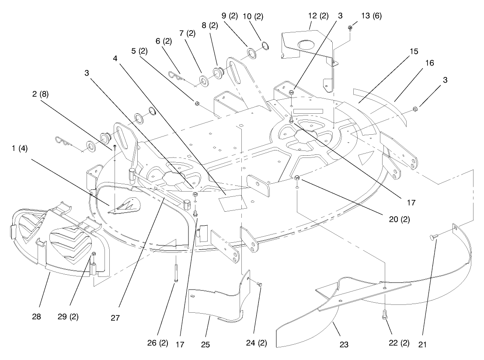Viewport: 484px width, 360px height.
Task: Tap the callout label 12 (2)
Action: click(x=318, y=16)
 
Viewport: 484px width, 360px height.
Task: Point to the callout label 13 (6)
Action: click(x=372, y=16)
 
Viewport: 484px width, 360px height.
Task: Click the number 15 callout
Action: click(x=414, y=51)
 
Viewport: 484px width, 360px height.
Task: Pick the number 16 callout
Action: click(x=429, y=63)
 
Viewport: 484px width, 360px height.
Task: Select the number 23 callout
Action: click(x=344, y=345)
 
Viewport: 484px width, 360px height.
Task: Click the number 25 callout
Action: click(x=205, y=345)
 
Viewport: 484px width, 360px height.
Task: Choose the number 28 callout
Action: click(x=36, y=316)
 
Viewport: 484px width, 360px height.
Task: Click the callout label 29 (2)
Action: click(x=68, y=316)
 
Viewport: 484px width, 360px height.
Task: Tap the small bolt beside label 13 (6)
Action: click(x=350, y=28)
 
